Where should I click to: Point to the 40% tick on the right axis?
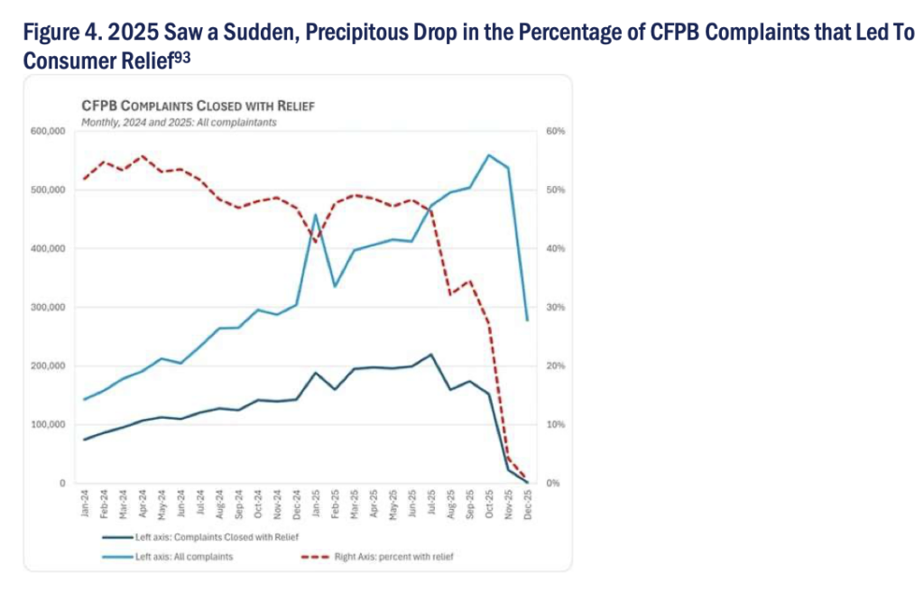pyautogui.click(x=555, y=249)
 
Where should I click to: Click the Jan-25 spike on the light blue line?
pyautogui.click(x=316, y=215)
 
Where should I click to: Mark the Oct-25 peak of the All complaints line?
pyautogui.click(x=489, y=155)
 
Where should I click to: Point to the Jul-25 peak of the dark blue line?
pyautogui.click(x=431, y=355)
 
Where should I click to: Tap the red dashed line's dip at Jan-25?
pyautogui.click(x=316, y=242)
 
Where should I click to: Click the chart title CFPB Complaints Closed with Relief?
pyautogui.click(x=198, y=106)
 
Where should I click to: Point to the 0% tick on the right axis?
pyautogui.click(x=553, y=484)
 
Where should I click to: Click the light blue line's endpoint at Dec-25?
pyautogui.click(x=528, y=320)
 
